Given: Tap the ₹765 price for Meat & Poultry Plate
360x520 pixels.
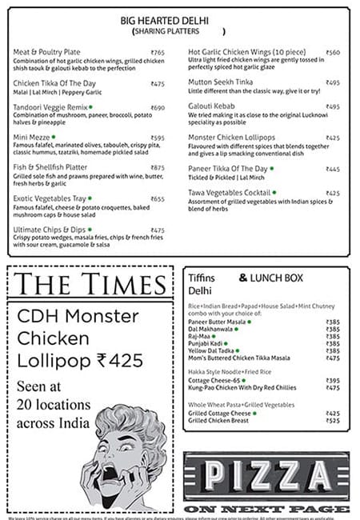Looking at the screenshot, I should [158, 53].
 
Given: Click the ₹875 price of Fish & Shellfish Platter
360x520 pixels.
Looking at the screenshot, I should [158, 167].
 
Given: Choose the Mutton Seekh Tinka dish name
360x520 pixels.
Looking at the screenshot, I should [221, 83].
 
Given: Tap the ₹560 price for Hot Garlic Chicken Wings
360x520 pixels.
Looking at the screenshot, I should [333, 53].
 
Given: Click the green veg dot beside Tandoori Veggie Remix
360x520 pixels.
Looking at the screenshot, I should [90, 106].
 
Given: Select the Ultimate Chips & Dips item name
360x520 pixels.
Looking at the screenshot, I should [49, 230].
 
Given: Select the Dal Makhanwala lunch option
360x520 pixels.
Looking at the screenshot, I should [210, 328].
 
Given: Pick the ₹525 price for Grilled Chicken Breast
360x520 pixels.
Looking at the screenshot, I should [333, 420].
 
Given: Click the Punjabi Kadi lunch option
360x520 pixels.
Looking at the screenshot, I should [206, 343].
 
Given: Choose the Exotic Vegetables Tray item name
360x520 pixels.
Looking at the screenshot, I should [49, 198].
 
